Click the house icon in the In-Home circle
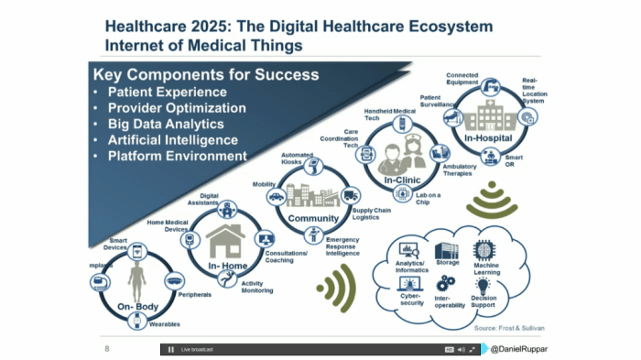223,240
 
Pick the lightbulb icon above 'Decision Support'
483,286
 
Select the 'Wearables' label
164,324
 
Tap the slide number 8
107,348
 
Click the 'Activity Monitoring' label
258,287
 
